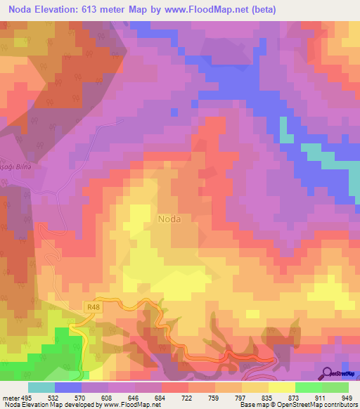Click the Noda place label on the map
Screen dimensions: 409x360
point(169,219)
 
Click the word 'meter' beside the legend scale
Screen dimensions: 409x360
point(10,398)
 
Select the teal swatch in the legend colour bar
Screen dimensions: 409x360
point(41,387)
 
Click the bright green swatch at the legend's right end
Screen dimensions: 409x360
point(335,387)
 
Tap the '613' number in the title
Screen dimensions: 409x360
point(96,10)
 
